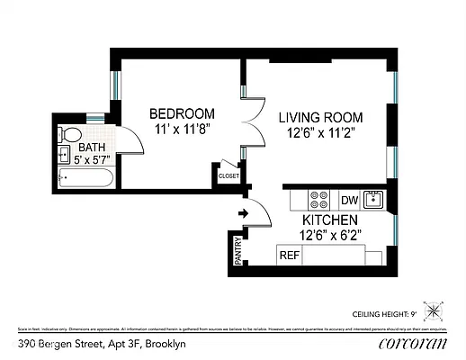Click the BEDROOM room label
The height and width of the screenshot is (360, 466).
click(x=182, y=113)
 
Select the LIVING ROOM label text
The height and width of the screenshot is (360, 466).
click(x=319, y=118)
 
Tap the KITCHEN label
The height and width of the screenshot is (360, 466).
click(x=331, y=220)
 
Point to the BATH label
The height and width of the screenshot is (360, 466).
click(x=92, y=148)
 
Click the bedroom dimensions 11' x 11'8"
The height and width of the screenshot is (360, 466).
click(x=182, y=130)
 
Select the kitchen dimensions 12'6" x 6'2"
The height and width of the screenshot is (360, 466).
click(x=331, y=236)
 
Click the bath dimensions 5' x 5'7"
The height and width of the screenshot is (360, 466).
click(x=92, y=160)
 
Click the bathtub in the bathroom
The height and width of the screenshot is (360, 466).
click(x=84, y=178)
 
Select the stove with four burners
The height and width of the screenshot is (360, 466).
click(x=319, y=199)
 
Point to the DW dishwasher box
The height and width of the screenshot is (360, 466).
click(x=349, y=199)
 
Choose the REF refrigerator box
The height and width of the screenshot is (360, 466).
click(x=289, y=256)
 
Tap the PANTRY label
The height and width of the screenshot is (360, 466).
click(x=238, y=251)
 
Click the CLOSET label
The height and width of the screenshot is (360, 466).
click(x=229, y=176)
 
